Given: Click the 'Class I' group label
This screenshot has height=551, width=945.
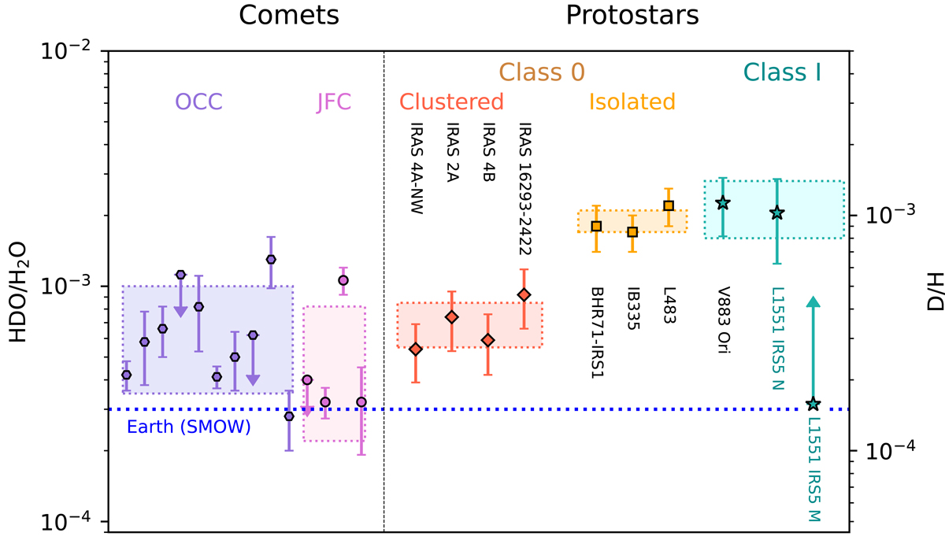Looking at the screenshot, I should click(783, 73).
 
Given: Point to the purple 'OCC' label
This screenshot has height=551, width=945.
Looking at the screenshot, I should click(198, 102).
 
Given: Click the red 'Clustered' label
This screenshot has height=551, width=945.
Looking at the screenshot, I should click(451, 102).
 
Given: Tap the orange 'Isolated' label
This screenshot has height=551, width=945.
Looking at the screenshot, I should click(632, 102).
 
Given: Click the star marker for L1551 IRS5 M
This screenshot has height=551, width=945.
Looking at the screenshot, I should click(813, 404).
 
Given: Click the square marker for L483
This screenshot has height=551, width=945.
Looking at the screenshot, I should click(669, 205).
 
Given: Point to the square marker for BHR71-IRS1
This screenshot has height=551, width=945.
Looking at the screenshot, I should click(596, 226).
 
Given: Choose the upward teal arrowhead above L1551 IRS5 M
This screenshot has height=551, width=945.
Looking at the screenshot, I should click(813, 302).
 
